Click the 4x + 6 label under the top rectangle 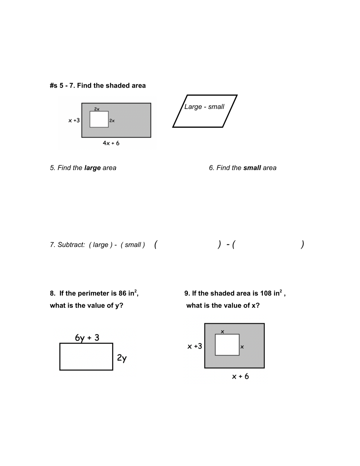(111, 143)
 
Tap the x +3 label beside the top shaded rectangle (74, 120)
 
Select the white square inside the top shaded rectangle (99, 119)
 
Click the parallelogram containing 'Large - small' (205, 111)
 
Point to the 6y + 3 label (87, 338)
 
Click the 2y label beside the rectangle (122, 358)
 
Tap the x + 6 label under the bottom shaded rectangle (240, 376)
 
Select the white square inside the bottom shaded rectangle (227, 345)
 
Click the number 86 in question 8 (122, 293)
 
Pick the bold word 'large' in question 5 (92, 168)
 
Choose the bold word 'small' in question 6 (252, 168)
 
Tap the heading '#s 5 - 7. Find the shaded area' (98, 86)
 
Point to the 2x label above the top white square (97, 109)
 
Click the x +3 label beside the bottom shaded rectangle (195, 346)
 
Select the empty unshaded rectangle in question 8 (86, 357)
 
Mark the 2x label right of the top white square (112, 121)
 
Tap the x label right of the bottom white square (242, 347)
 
